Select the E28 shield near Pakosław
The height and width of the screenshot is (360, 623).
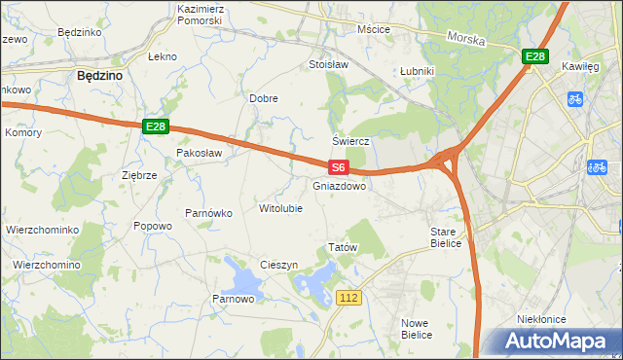pos(156,126)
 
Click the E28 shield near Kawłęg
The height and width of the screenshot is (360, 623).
pos(534,57)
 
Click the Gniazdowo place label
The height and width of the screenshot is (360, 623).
pos(340,185)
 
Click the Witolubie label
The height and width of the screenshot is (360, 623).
pos(280,208)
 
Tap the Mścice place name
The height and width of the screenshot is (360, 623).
pos(374,29)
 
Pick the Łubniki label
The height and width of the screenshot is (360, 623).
pos(417,72)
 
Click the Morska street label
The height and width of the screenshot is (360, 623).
pos(465,38)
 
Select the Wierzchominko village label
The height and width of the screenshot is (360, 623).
pos(41,230)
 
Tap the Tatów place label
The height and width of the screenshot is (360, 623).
pos(344,247)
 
